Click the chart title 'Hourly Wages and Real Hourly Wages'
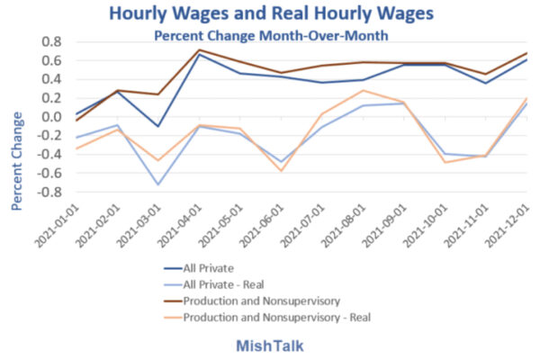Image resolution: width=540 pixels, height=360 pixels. coord(269,13)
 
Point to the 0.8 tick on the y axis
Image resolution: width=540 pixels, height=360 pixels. coord(50,42)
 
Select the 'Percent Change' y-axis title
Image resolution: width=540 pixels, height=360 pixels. coord(18,160)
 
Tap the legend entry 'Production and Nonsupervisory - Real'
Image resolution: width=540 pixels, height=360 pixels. coord(279,317)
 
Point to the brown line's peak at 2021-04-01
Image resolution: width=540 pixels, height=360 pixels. coord(199,49)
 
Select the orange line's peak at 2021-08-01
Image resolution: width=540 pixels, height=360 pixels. coord(362,90)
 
